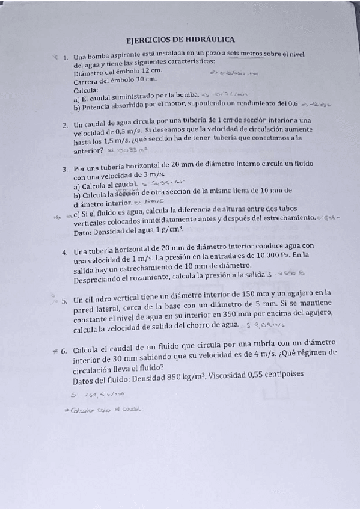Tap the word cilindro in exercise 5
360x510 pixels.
coord(100,299)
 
